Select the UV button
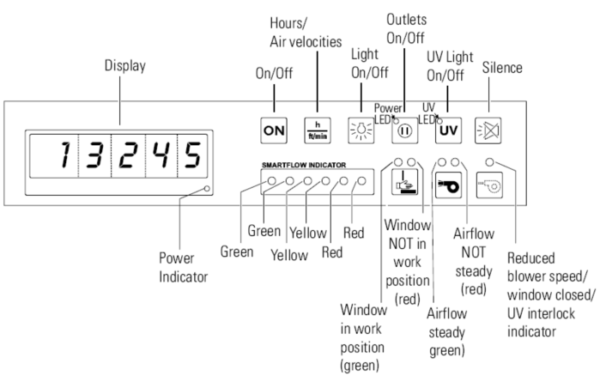tap(446, 133)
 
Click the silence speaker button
tap(489, 133)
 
